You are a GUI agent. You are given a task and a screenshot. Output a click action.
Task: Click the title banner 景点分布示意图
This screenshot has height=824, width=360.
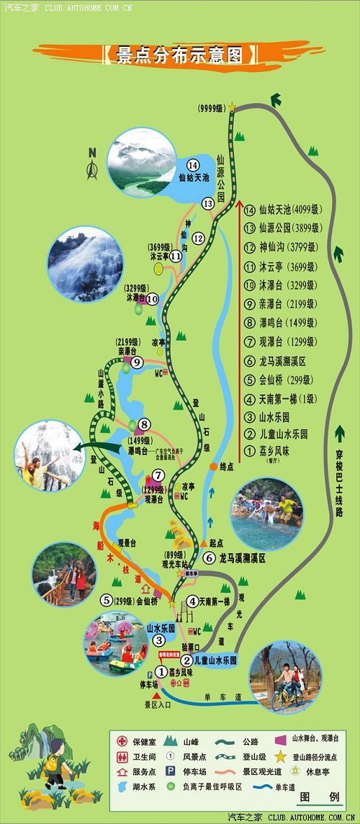tap(180, 55)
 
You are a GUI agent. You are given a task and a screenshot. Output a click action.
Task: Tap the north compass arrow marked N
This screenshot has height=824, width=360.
tap(92, 166)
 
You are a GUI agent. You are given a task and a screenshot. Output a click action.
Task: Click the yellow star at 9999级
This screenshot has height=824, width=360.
tap(233, 107)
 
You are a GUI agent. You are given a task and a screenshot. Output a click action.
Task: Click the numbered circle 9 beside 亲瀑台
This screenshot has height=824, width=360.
tap(137, 362)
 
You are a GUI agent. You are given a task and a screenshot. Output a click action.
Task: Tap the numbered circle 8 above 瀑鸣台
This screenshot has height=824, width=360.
tap(145, 425)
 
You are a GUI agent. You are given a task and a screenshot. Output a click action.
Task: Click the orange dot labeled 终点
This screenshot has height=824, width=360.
tap(213, 467)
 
